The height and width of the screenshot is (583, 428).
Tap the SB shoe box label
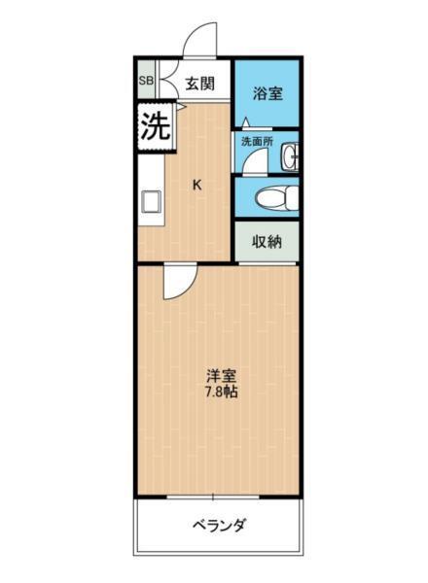pos(146,81)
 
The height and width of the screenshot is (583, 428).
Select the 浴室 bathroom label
pos(267,93)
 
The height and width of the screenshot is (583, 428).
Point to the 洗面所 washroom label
pos(257,142)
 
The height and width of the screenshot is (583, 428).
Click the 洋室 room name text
pos(221,374)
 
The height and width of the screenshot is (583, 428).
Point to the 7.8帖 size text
pos(221,394)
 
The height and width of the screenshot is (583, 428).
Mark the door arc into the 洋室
pos(179,282)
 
